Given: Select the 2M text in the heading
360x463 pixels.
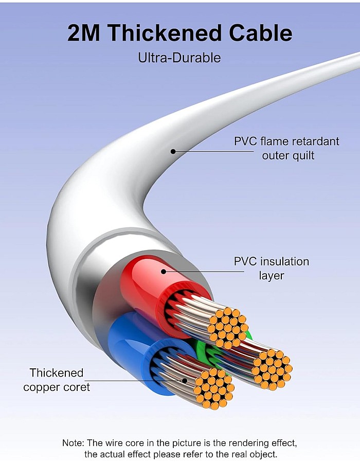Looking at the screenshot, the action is coord(84,32).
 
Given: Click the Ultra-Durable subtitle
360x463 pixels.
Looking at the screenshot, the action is coord(179,58).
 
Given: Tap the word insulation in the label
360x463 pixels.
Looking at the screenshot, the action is coord(284,261).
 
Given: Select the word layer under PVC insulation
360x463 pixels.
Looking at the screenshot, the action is coord(272,276).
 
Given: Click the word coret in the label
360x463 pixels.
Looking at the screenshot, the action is coord(78,387).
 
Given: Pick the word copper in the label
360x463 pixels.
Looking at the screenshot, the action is coord(43,388).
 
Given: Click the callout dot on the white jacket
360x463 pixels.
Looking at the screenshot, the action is coord(173,151).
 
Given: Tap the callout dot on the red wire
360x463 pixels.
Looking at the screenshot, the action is coord(164,271).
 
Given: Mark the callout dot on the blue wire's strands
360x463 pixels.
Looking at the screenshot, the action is coord(185,380).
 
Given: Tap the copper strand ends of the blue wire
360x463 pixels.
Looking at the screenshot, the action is coord(214,388).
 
